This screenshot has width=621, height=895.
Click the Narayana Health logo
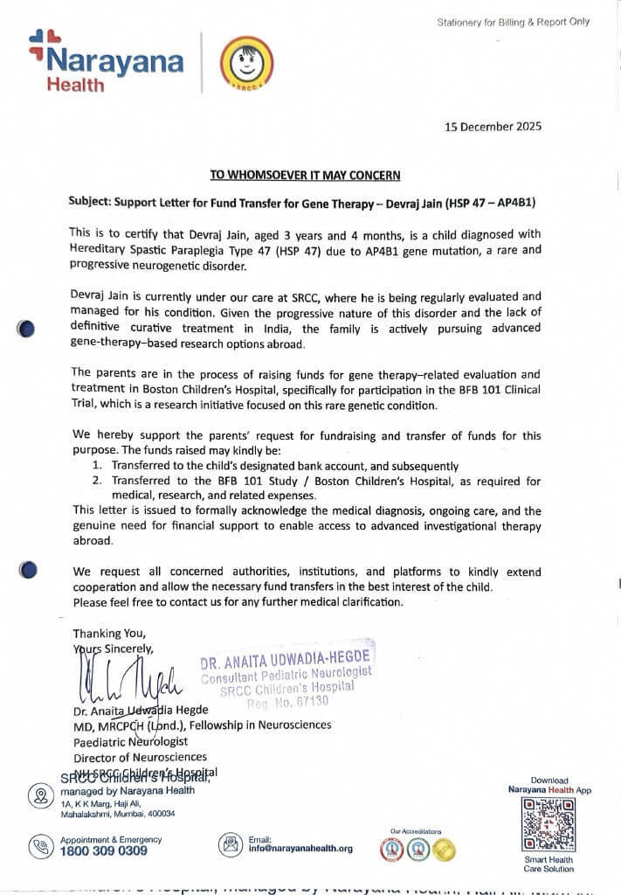pyautogui.click(x=106, y=61)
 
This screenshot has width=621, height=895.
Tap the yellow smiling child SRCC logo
pyautogui.click(x=245, y=62)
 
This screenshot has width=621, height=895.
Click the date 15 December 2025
pyautogui.click(x=493, y=126)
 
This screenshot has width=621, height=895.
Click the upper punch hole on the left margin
pyautogui.click(x=27, y=330)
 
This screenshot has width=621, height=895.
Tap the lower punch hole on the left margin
pyautogui.click(x=28, y=570)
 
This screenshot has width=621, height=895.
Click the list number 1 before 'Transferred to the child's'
pyautogui.click(x=97, y=467)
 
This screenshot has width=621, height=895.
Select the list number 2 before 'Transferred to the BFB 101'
pyautogui.click(x=97, y=481)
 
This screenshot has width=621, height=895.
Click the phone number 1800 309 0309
pyautogui.click(x=104, y=850)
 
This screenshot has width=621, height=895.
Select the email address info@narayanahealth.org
pyautogui.click(x=300, y=848)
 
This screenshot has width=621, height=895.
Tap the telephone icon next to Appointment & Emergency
pyautogui.click(x=40, y=845)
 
